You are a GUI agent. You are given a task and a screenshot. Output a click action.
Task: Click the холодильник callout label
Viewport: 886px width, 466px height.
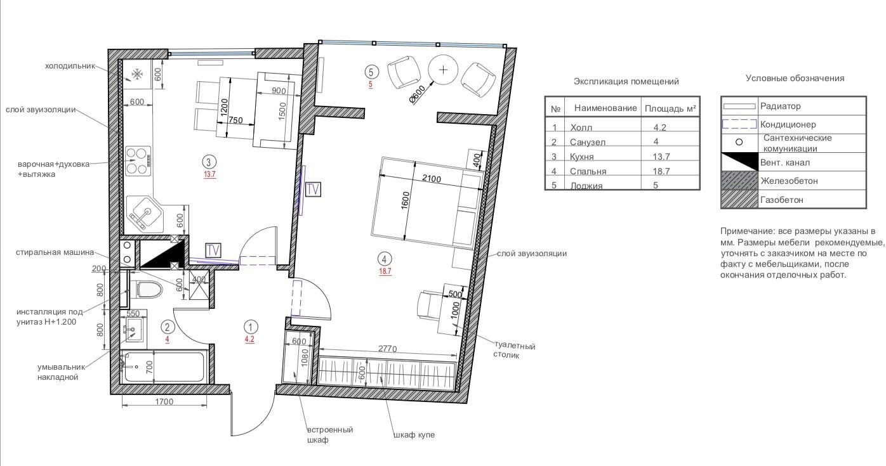tap(70, 66)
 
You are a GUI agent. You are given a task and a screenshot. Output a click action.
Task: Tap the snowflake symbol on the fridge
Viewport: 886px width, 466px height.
tap(137, 74)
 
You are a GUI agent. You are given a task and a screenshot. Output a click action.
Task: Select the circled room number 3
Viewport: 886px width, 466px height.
tap(209, 162)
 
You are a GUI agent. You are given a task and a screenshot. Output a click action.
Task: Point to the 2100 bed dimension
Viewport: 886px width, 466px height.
tap(431, 179)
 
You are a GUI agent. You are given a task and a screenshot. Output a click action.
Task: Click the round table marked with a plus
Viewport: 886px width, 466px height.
tap(443, 70)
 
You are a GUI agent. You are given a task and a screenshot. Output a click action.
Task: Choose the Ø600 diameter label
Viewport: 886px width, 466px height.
tap(418, 94)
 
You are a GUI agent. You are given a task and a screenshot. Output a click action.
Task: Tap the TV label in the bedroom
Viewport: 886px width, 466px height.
tap(313, 190)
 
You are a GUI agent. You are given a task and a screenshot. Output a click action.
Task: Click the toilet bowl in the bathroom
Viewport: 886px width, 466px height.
tap(149, 289)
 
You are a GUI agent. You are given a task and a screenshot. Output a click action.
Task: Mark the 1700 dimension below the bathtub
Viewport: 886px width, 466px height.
tap(164, 402)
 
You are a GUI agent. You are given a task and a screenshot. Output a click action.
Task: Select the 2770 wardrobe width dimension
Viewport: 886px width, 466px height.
tap(387, 349)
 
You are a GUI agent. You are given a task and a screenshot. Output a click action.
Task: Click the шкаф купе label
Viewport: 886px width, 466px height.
tap(414, 435)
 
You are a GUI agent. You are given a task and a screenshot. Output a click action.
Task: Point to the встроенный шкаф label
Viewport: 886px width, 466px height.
tap(330, 435)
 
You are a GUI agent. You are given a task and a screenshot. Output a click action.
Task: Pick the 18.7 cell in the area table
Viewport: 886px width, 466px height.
tap(661, 171)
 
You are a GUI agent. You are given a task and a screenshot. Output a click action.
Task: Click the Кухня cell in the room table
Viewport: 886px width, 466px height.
tap(581, 157)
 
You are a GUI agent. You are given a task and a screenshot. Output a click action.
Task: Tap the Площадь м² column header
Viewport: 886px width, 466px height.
tap(670, 108)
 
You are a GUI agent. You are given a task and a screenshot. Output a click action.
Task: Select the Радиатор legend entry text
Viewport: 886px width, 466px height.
tap(781, 106)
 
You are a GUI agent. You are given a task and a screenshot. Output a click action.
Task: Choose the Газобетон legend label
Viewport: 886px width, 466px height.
tap(781, 200)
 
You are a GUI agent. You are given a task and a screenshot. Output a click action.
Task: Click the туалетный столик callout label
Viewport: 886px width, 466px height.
tap(514, 351)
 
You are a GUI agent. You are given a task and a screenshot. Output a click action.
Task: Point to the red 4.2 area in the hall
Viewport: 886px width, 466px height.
tap(249, 339)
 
